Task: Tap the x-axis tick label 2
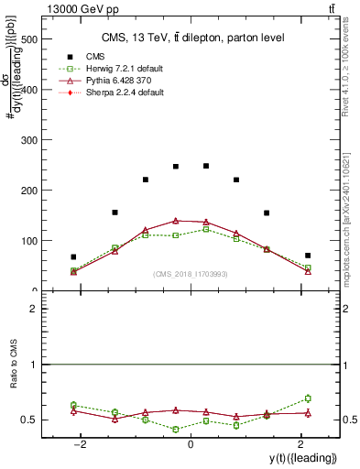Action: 300,443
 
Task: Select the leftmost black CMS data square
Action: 73,257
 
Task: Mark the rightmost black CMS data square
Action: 308,256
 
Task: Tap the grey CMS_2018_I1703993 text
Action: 190,274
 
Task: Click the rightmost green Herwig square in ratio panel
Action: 308,398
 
